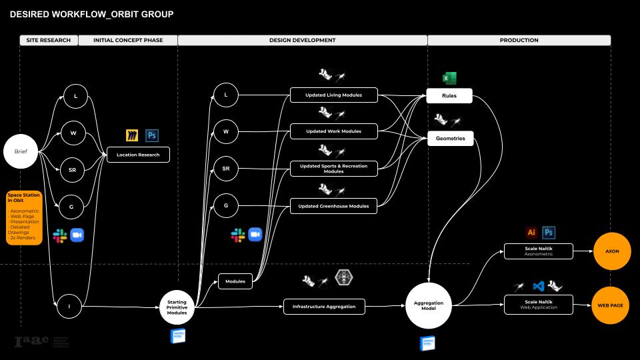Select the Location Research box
(x=139, y=155)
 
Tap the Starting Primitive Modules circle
(x=177, y=307)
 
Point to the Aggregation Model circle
(x=428, y=306)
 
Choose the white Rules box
(x=450, y=96)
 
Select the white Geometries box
(x=450, y=139)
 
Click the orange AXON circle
(x=611, y=251)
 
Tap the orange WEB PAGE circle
(x=610, y=305)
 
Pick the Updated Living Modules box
(x=334, y=95)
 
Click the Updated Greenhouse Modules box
(x=334, y=206)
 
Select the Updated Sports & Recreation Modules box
(x=334, y=169)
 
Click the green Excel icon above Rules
(x=449, y=79)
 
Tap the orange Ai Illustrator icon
(x=531, y=233)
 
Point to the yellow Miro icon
(x=132, y=136)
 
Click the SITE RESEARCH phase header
(x=48, y=40)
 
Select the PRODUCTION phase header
(x=519, y=40)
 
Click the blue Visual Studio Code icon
(x=539, y=286)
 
